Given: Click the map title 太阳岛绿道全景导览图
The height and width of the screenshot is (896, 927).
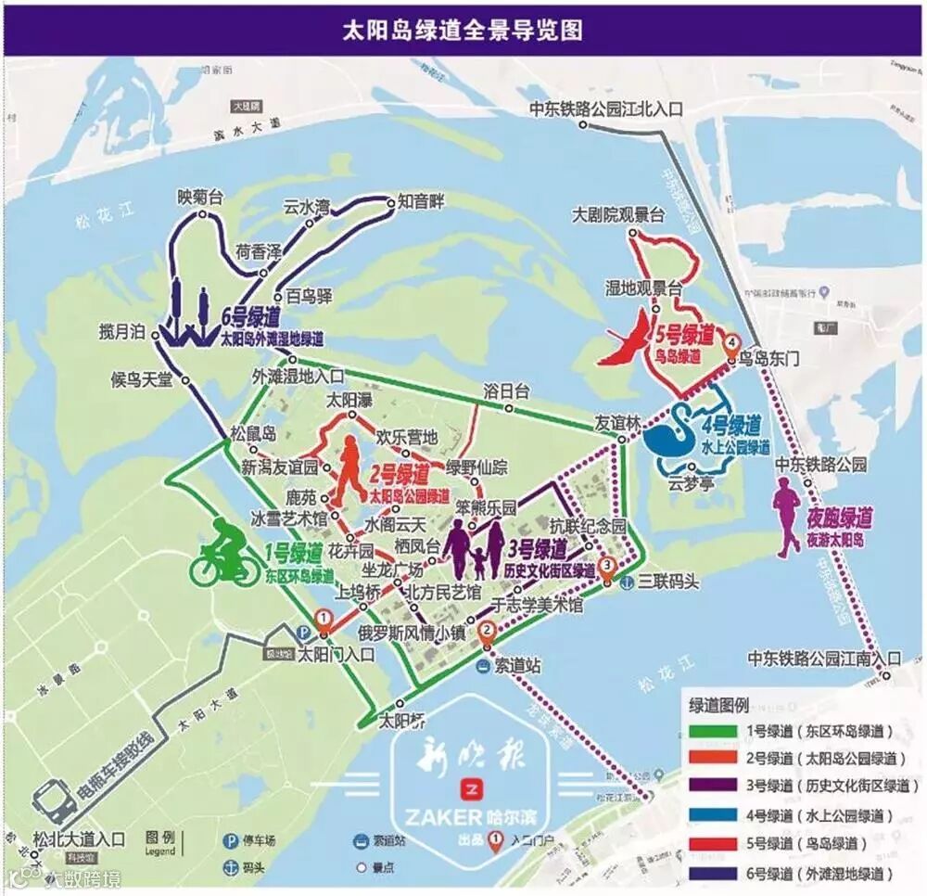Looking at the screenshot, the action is coord(463,30).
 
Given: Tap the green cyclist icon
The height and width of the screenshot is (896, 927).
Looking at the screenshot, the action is coord(225,554).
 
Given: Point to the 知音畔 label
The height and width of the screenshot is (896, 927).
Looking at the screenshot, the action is coord(422,199).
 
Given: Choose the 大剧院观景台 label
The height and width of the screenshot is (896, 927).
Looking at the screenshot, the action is coord(618,215).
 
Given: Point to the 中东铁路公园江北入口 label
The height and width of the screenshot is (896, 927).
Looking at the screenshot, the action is coord(606,109).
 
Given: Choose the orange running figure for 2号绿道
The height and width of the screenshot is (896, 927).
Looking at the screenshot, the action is coord(349,471).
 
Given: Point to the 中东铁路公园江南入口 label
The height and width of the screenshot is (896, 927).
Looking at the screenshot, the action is coord(823,659).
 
